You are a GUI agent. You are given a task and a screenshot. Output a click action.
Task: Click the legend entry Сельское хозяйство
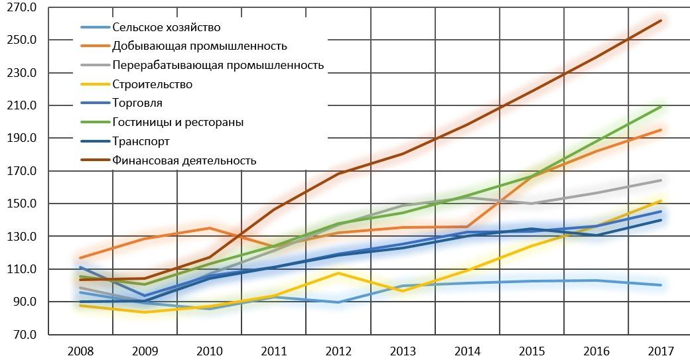coord(166,27)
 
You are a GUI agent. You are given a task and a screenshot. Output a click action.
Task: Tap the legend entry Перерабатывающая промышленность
coord(218,65)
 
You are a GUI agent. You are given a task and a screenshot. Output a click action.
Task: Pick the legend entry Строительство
coord(153,84)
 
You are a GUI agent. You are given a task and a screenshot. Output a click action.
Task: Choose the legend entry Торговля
coord(137,103)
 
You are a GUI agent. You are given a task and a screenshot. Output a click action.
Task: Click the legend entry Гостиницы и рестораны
coord(178,122)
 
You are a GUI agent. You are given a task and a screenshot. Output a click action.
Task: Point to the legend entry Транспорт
coord(141,141)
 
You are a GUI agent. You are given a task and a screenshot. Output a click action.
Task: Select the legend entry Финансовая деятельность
coord(184,160)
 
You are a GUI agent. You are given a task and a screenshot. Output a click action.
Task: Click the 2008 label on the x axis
coord(80,350)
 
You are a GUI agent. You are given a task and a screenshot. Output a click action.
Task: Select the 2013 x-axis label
coord(403,350)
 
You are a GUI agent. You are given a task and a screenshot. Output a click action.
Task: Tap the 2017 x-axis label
coord(661,350)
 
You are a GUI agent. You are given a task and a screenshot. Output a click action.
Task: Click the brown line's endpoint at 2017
coord(661,21)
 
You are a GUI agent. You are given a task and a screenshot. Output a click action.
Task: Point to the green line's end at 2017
coord(661,107)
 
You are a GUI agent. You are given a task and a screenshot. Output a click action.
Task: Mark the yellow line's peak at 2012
coord(338,272)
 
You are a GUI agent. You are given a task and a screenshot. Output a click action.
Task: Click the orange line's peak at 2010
coord(209,228)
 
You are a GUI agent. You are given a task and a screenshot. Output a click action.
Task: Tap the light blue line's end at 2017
coord(661,285)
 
